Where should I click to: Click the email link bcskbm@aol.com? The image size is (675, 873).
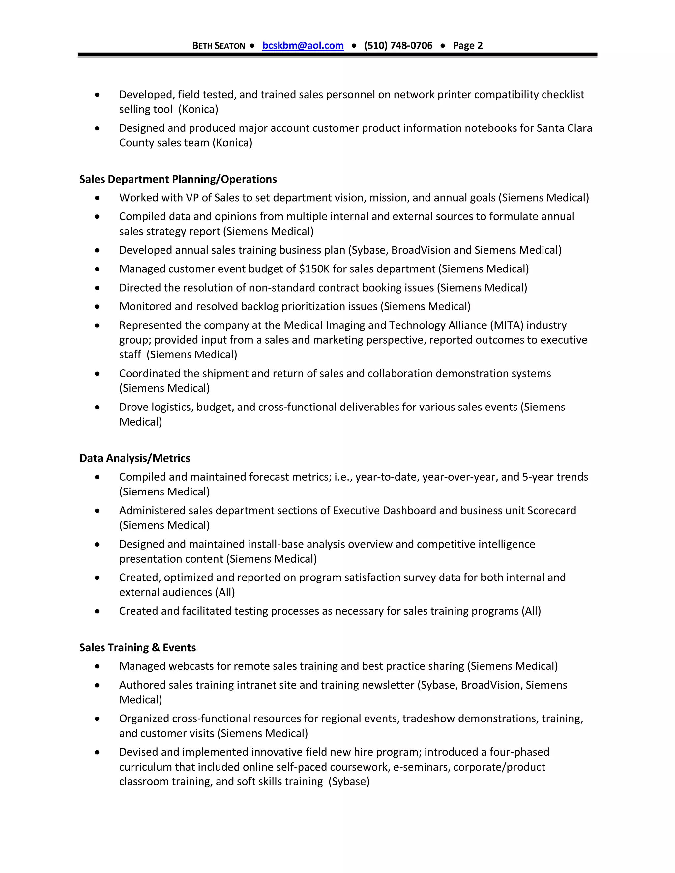pyautogui.click(x=303, y=45)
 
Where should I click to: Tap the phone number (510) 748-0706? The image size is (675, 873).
pyautogui.click(x=398, y=45)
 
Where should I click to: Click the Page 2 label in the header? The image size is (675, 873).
pyautogui.click(x=467, y=45)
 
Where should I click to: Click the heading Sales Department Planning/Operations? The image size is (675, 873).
pyautogui.click(x=178, y=179)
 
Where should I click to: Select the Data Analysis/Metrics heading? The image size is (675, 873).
pyautogui.click(x=135, y=458)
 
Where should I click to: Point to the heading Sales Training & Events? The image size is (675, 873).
pyautogui.click(x=137, y=648)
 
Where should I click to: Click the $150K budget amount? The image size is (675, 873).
pyautogui.click(x=314, y=269)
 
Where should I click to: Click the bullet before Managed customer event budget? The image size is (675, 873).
pyautogui.click(x=97, y=269)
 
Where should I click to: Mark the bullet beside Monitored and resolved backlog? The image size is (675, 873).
pyautogui.click(x=97, y=307)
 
